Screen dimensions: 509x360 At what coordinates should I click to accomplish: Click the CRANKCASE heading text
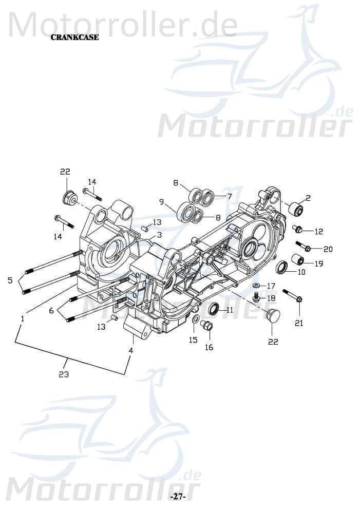(x=74, y=37)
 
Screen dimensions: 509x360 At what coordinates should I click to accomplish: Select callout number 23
(x=64, y=374)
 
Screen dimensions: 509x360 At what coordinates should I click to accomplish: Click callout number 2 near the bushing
(x=308, y=198)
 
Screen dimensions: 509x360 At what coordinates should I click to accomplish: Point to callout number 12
(x=319, y=232)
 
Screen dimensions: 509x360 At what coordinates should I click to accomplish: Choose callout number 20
(x=328, y=249)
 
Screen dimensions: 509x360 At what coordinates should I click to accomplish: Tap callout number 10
(x=301, y=272)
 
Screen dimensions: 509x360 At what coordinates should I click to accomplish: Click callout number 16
(x=209, y=347)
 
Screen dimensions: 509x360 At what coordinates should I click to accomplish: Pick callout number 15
(x=193, y=340)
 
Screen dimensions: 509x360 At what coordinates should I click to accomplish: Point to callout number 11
(x=229, y=310)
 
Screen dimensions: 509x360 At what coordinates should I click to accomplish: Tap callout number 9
(x=161, y=201)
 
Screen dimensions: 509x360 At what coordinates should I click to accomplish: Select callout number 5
(x=10, y=280)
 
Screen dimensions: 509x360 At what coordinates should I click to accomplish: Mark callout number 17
(x=271, y=286)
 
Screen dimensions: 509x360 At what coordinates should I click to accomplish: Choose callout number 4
(x=131, y=350)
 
